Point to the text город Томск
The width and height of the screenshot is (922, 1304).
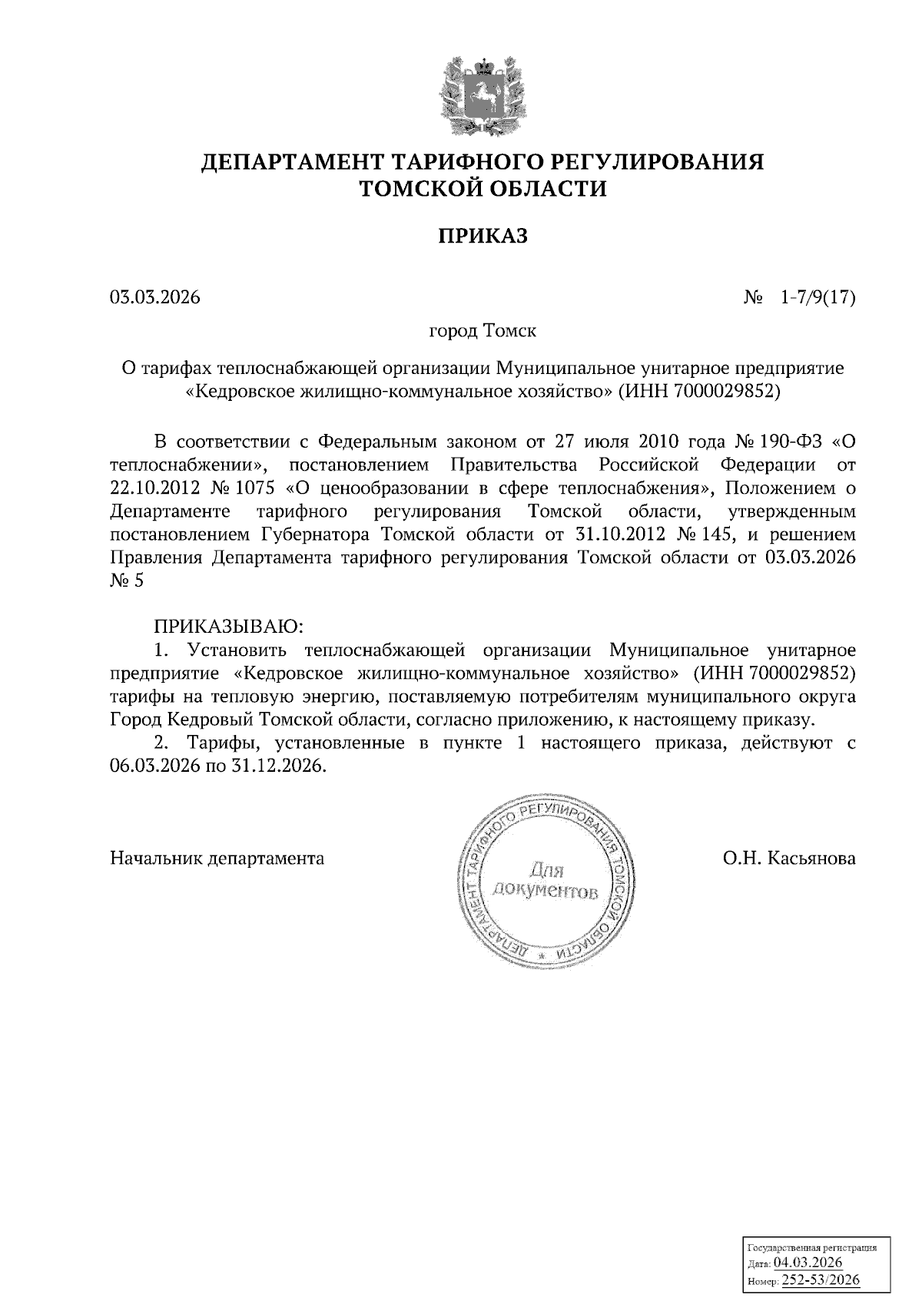coord(483,332)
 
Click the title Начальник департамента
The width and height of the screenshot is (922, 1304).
coord(217,857)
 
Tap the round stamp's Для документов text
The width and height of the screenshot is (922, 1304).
coord(546,881)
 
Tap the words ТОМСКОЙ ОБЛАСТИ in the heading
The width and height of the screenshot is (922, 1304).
coord(483,188)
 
